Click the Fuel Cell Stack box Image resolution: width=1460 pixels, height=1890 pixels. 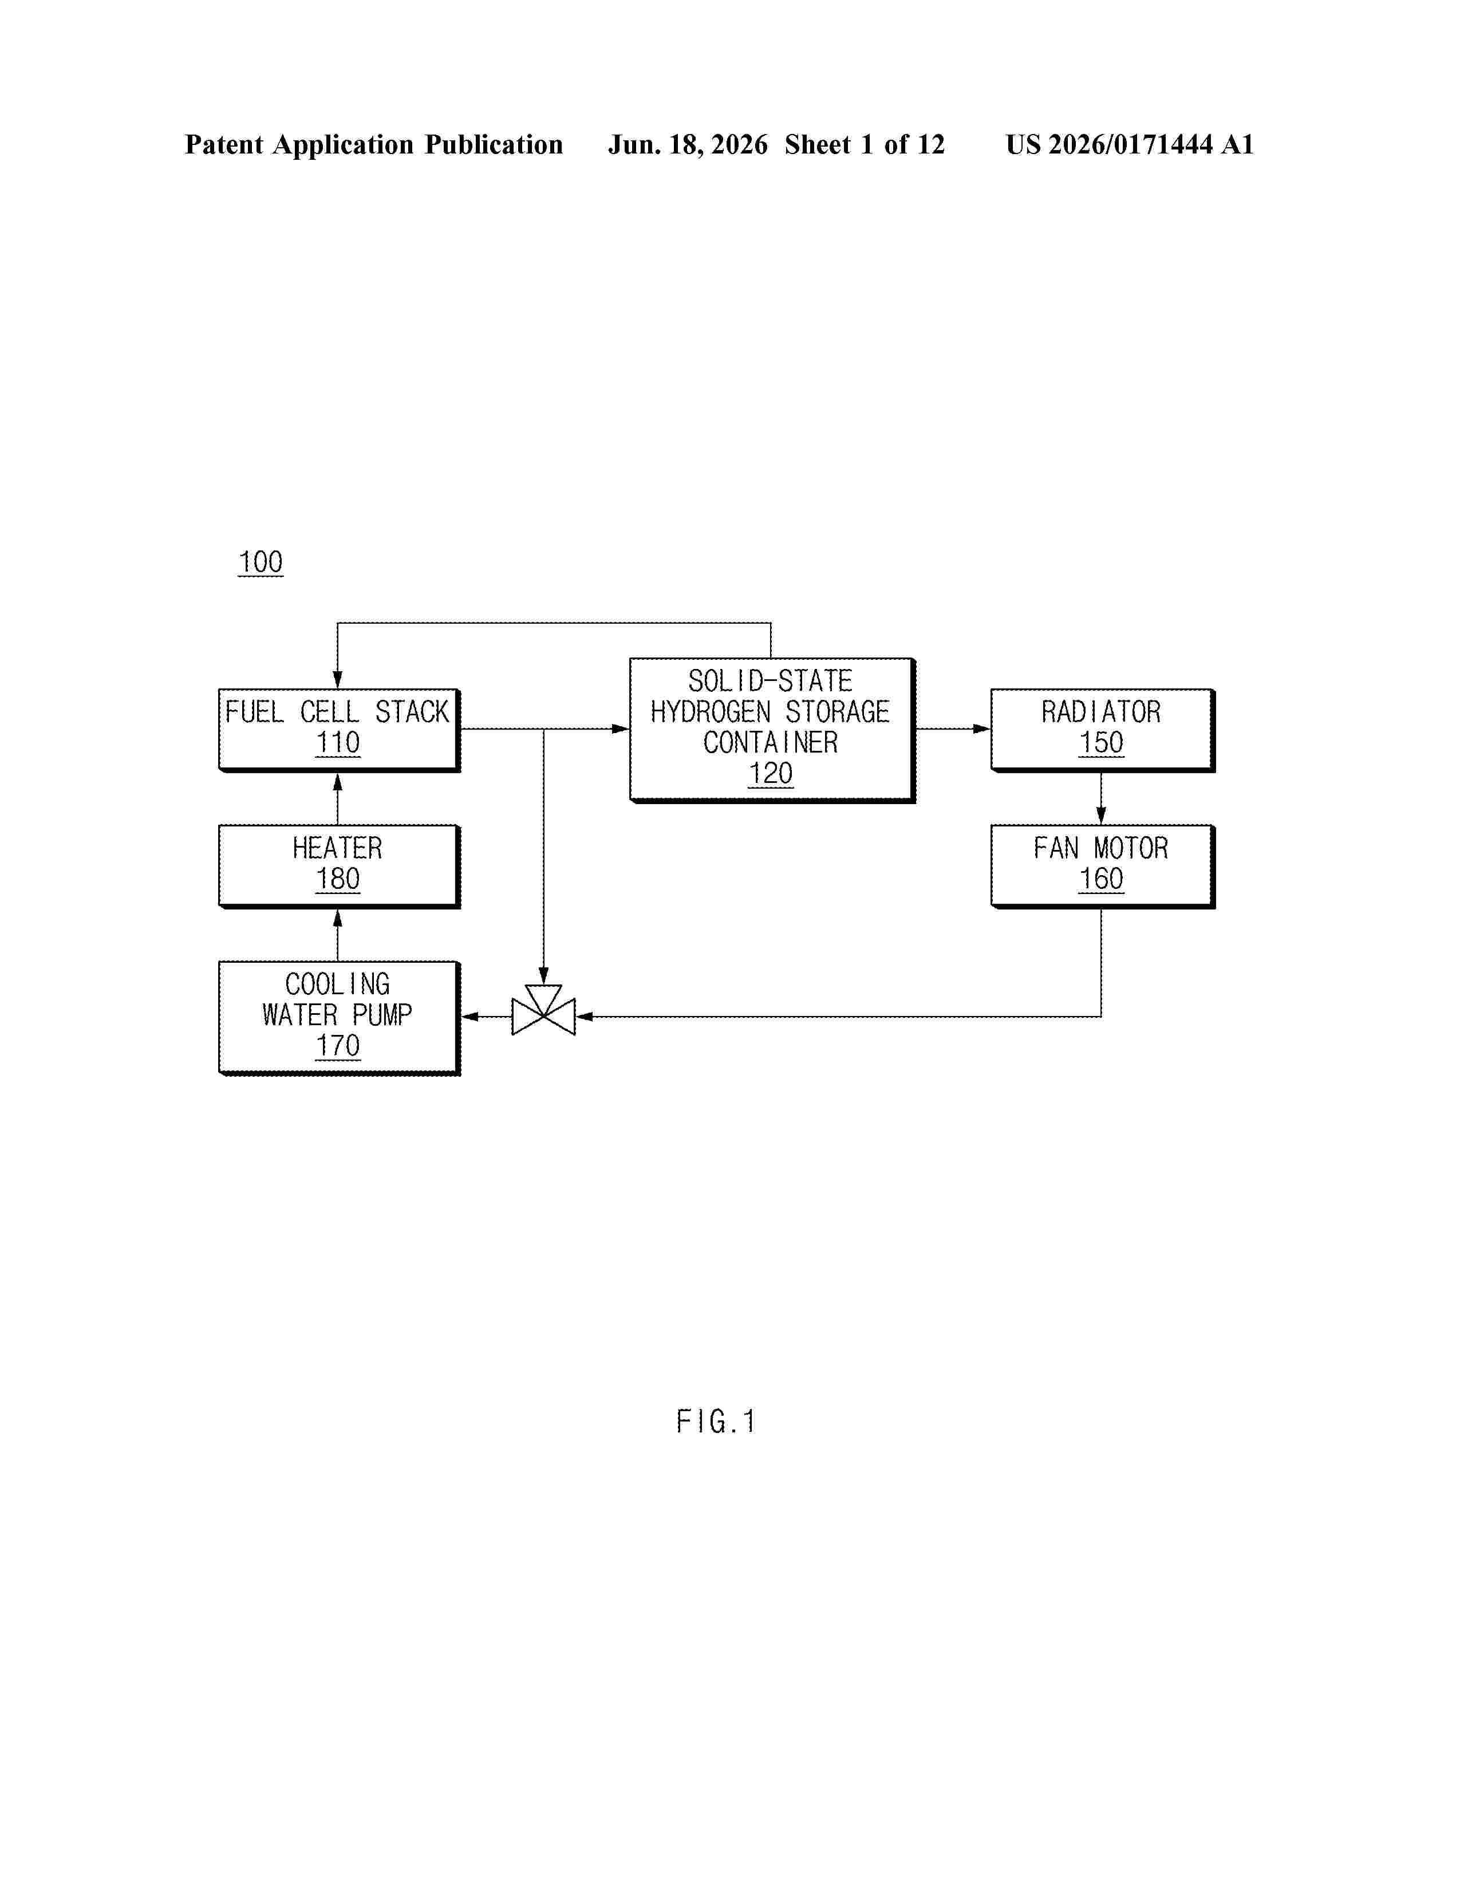tap(339, 730)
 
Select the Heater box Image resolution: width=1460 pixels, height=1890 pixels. tap(339, 866)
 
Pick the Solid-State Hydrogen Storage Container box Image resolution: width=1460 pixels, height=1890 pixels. tap(772, 730)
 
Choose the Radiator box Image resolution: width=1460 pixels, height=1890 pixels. tap(1103, 730)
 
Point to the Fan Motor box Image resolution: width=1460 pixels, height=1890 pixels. tap(1103, 866)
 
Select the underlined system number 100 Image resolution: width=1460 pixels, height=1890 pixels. tap(261, 562)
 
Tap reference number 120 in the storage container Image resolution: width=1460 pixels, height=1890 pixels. tap(771, 773)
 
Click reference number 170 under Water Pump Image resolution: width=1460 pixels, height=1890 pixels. tap(337, 1045)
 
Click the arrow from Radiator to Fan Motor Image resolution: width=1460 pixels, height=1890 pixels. tap(1101, 798)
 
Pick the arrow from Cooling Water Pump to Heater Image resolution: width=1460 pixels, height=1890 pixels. tap(337, 935)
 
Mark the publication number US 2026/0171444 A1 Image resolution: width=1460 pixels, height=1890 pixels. tap(1130, 144)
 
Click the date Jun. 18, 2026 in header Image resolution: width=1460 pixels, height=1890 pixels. tap(688, 144)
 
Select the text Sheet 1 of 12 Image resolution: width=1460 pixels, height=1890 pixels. tap(865, 144)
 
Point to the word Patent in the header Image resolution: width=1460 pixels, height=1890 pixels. tap(224, 144)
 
